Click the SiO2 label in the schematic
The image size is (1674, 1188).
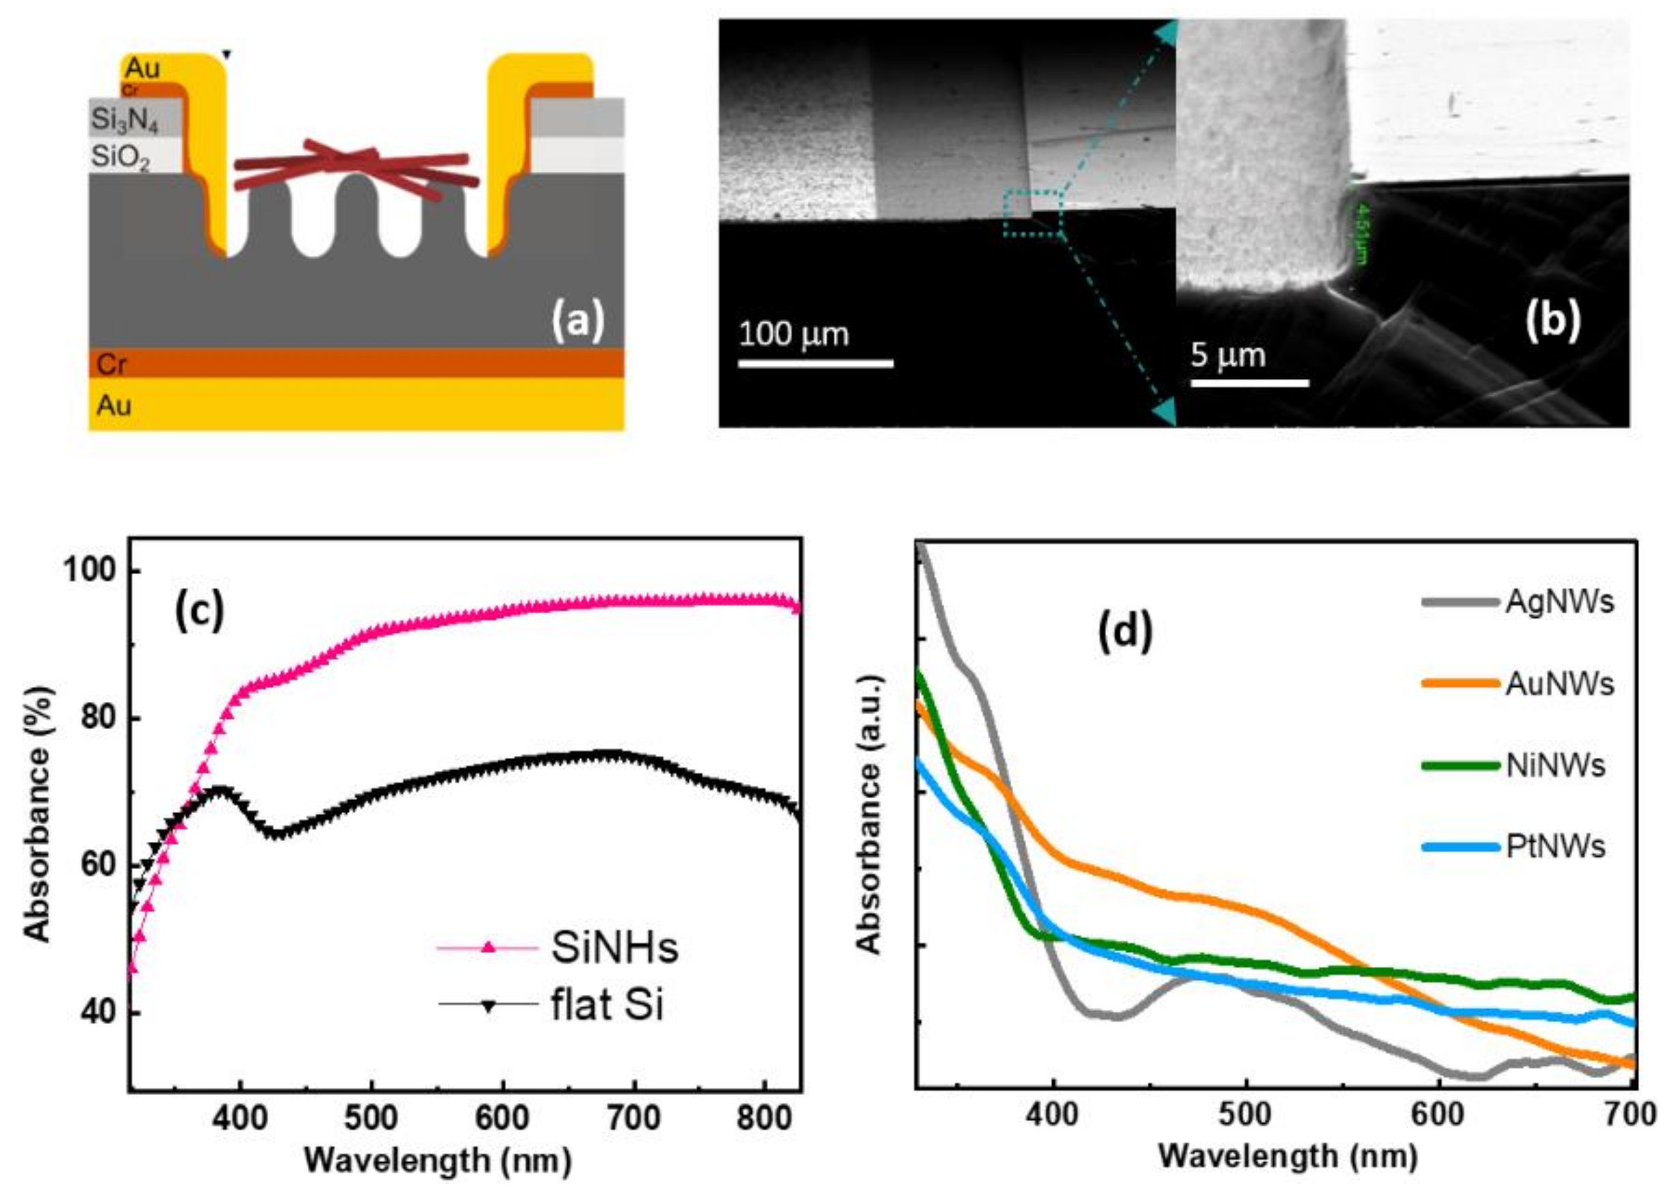coord(121,156)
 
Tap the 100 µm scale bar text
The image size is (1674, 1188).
coord(794,335)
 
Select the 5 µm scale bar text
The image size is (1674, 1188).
coord(1228,356)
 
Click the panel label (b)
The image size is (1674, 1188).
coord(1552,320)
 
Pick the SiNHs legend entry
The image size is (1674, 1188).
coord(614,948)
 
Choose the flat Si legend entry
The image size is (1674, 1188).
coord(607,1005)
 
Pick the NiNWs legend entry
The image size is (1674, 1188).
coord(1555,765)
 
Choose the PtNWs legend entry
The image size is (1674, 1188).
coord(1555,847)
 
